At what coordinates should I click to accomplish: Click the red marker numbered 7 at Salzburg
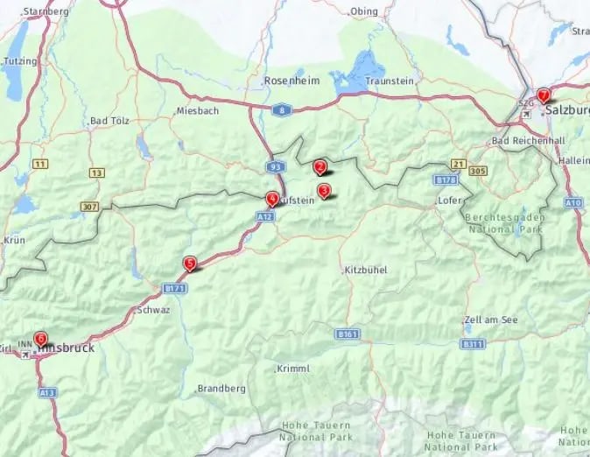[544, 95]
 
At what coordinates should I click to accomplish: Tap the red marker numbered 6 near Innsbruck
[40, 338]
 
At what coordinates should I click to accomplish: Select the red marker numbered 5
[189, 263]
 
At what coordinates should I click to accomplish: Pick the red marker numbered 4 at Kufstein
[272, 199]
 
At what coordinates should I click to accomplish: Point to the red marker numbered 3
[324, 190]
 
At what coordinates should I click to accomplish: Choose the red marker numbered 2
[320, 166]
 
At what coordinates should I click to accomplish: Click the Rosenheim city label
[291, 81]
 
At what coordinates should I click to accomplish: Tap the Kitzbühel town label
[366, 270]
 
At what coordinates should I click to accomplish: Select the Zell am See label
[491, 320]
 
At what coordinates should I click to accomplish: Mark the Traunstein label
[389, 81]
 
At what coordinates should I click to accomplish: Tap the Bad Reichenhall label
[525, 141]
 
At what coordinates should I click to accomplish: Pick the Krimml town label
[292, 369]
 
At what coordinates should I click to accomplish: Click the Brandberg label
[215, 388]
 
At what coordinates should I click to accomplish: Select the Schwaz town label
[153, 310]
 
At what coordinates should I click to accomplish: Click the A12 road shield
[265, 215]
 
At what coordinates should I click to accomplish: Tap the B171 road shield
[174, 287]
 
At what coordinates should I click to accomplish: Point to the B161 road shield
[348, 334]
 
